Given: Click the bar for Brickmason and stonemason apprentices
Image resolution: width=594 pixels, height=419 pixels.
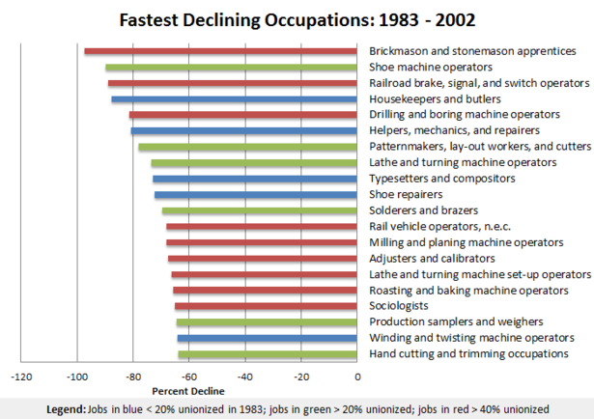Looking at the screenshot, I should tap(221, 51).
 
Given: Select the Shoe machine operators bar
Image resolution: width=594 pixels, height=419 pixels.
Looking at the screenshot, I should tap(232, 68).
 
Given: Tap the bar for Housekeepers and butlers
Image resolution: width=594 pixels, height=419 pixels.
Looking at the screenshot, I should tap(235, 98).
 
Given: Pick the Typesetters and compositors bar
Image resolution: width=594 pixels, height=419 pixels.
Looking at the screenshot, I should tap(255, 179).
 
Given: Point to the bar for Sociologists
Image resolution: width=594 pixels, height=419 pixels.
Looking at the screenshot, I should tap(267, 306).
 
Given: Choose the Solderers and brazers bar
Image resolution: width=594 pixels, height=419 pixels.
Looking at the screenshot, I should tap(260, 210).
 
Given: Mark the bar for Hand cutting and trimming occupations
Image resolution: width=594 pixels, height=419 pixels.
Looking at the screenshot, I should tap(268, 354).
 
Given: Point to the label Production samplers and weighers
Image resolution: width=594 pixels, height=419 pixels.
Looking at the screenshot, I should tap(456, 322).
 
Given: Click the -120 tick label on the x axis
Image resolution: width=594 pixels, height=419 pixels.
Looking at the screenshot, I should tap(21, 377).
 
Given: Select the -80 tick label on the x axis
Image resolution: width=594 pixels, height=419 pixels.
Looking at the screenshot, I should tap(133, 377).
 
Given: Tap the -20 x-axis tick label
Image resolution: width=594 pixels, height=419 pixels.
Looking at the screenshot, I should tap(301, 377).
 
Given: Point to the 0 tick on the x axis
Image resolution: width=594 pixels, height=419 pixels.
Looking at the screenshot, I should tap(357, 377).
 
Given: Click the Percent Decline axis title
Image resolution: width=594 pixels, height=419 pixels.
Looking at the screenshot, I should tap(188, 391).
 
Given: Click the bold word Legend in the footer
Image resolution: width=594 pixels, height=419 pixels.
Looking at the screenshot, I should tap(66, 409).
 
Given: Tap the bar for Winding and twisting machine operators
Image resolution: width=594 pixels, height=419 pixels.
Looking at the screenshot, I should tap(268, 339).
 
